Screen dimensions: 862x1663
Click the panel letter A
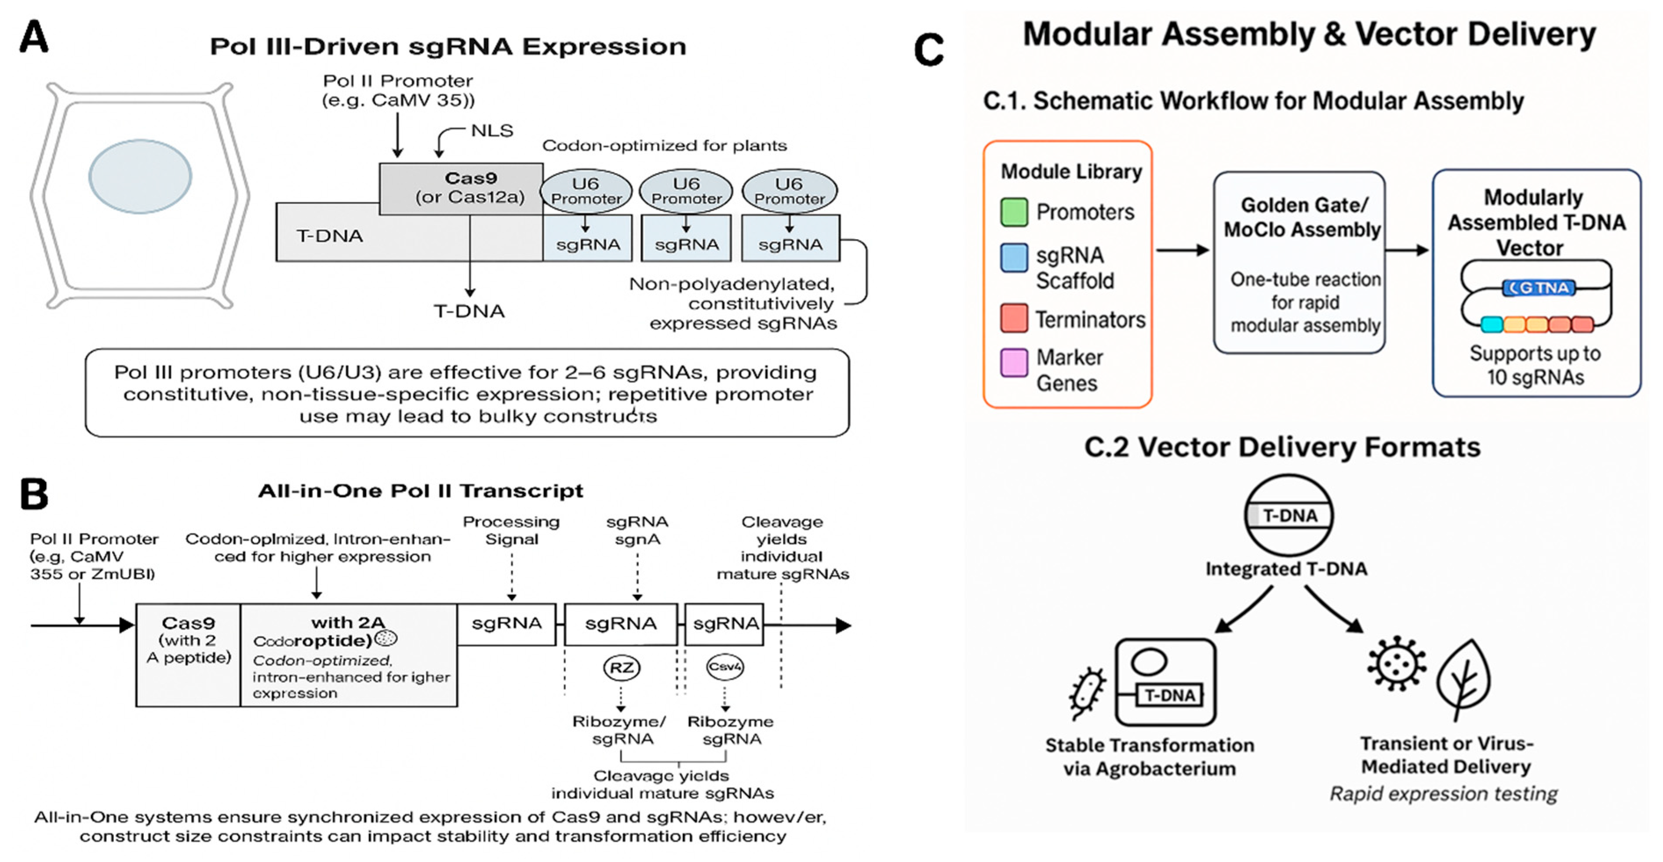[33, 37]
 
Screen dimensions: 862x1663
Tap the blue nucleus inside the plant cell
[140, 176]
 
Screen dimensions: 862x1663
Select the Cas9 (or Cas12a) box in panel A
[461, 188]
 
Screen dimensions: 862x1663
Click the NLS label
[492, 131]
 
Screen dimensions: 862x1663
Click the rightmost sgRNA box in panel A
[790, 238]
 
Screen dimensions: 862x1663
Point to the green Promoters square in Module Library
[1014, 212]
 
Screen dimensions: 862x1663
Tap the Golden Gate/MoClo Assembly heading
[1302, 217]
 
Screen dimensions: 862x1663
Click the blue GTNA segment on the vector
[1539, 288]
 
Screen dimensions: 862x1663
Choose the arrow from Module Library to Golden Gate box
[1181, 250]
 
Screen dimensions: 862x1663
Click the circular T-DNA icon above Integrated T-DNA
[1288, 515]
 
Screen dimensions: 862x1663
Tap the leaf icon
[1463, 678]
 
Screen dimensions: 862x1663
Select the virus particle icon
[1396, 663]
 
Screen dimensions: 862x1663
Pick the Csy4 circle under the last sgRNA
[724, 666]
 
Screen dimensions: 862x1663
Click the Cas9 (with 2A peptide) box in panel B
[188, 654]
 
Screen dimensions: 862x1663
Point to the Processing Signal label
[511, 530]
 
